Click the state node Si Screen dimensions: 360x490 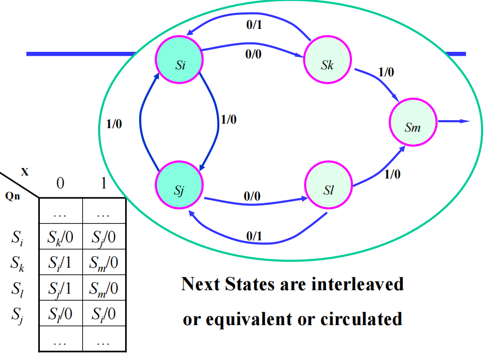pos(179,65)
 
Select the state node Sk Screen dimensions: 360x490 pos(327,65)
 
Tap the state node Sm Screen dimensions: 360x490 pos(413,127)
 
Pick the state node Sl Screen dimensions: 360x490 pos(328,190)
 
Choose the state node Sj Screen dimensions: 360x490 pos(179,190)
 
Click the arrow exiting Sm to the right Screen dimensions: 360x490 pos(454,121)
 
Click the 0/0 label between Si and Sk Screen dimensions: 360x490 pos(253,55)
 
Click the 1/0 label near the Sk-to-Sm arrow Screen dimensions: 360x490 pos(386,72)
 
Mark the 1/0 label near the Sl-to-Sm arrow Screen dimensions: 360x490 pos(392,175)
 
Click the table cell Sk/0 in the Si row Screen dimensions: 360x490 pos(60,237)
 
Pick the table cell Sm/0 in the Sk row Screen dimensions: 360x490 pos(104,263)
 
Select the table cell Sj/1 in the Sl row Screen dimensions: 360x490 pos(60,288)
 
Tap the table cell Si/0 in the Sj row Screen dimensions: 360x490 pos(104,314)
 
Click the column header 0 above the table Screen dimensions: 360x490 pos(60,184)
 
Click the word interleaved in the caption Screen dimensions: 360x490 pos(357,284)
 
